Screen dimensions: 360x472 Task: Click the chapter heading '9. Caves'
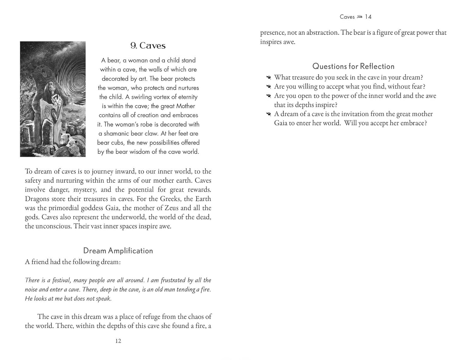click(148, 46)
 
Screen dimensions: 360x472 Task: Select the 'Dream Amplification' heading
click(118, 251)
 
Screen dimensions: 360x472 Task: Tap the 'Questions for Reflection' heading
click(353, 66)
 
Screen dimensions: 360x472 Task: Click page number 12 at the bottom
click(118, 341)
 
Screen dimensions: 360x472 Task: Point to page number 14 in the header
click(368, 17)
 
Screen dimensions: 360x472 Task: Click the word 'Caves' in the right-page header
click(347, 17)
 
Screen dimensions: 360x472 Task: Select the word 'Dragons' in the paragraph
click(37, 199)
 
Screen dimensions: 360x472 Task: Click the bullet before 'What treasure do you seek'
click(268, 77)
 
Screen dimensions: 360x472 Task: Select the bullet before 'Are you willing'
click(268, 86)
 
